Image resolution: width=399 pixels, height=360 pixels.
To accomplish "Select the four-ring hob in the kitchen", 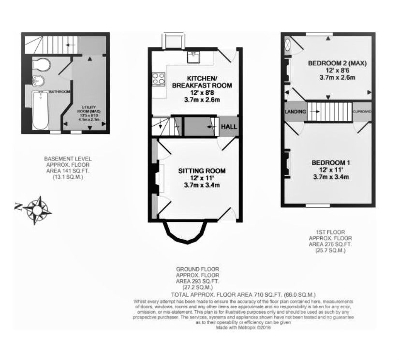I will coord(158,79).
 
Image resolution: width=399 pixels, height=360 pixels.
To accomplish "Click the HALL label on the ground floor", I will coord(229,127).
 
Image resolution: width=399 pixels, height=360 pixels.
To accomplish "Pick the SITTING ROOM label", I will coord(202,171).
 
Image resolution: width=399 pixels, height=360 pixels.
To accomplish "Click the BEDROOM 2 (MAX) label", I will coord(338,63).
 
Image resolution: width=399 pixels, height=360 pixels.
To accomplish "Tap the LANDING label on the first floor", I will coord(296,112).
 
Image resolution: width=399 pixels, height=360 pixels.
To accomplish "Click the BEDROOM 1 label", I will coord(331,163).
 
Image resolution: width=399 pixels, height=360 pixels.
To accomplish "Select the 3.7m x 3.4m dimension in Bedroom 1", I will coord(331,177).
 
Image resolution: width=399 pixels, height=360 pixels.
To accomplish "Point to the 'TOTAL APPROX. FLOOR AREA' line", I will coord(243,294).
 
